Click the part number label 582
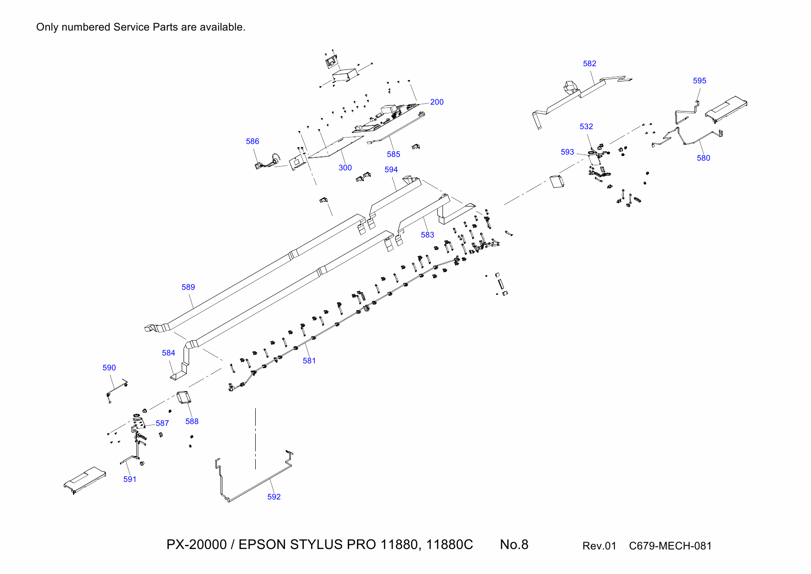pos(589,63)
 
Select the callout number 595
pos(699,81)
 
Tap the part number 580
pos(703,158)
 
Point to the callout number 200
pos(436,102)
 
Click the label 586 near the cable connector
pos(252,141)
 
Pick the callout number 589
pos(188,287)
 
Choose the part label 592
pos(274,497)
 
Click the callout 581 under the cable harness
pos(309,361)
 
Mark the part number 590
pos(109,368)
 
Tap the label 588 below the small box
pos(192,421)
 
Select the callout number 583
pos(427,235)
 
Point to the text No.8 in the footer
pos(514,544)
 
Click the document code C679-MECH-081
pos(670,546)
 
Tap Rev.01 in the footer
pos(599,546)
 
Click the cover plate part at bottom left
pos(85,480)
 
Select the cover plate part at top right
pos(726,109)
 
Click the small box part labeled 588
pos(184,397)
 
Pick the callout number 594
pos(391,169)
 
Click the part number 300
pos(345,168)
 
